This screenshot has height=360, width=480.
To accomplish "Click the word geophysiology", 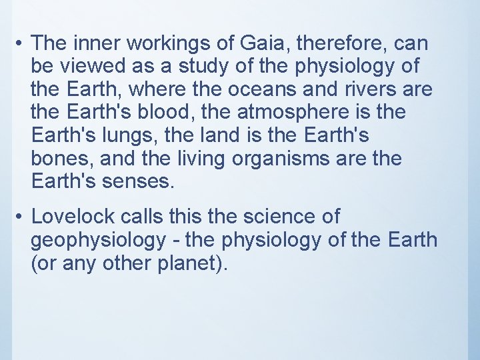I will (99, 239).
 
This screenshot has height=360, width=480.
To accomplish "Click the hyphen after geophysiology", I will (179, 239).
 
